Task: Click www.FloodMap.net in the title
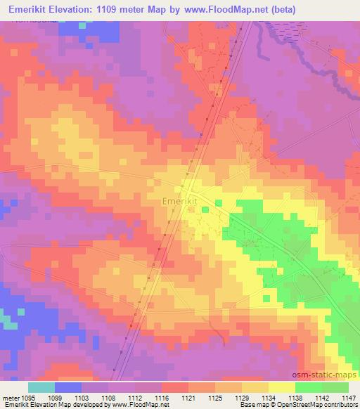(221, 10)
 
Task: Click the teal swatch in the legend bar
(41, 387)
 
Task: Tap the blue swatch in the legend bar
(68, 387)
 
